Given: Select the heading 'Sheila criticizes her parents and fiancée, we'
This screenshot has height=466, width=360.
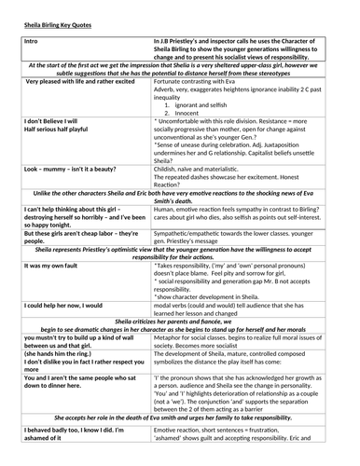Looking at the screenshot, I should (180, 319).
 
